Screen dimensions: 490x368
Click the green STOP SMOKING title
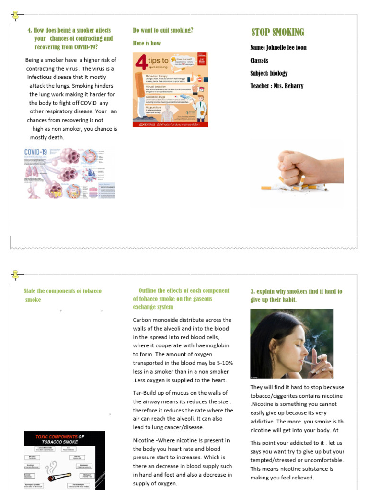click(x=278, y=33)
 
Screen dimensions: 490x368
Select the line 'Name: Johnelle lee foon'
click(x=278, y=48)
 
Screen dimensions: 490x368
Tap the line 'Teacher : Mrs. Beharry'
click(x=276, y=86)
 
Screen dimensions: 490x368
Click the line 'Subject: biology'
click(x=269, y=73)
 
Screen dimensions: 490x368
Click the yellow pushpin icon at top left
click(x=16, y=15)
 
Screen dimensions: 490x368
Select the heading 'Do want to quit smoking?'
click(x=163, y=30)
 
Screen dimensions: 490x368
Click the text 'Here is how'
click(x=147, y=43)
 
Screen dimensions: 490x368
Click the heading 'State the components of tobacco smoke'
click(x=62, y=295)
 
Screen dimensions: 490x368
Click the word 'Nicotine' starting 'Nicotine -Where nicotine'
click(x=144, y=440)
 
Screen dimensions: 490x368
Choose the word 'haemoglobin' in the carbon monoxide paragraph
click(x=215, y=345)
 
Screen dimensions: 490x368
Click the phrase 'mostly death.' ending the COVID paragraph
click(x=47, y=137)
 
